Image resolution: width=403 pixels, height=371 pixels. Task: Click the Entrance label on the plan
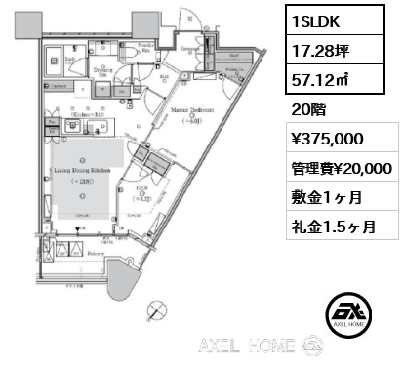click(191, 49)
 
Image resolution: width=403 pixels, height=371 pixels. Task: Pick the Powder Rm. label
click(146, 45)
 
